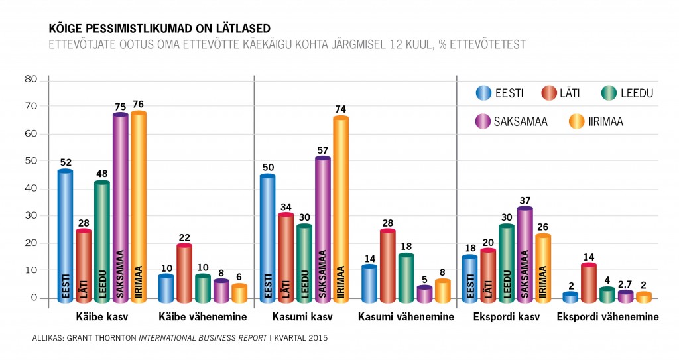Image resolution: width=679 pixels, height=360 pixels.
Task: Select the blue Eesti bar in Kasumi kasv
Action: pyautogui.click(x=268, y=239)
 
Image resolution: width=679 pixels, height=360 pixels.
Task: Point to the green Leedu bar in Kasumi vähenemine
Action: pyautogui.click(x=406, y=278)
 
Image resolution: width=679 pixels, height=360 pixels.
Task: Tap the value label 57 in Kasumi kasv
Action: pyautogui.click(x=323, y=150)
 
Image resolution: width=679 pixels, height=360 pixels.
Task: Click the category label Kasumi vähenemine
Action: pyautogui.click(x=406, y=317)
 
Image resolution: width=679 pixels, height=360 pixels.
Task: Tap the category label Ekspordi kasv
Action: pyautogui.click(x=506, y=317)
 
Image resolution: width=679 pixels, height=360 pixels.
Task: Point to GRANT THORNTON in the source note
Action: pyautogui.click(x=102, y=338)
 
